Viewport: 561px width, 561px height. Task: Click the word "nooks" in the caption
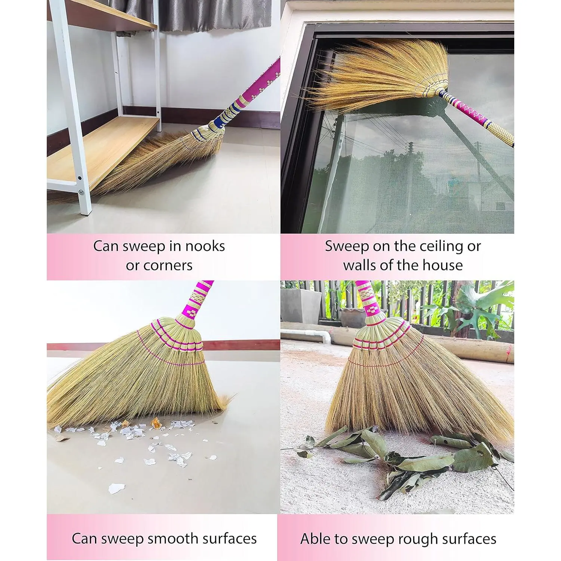tap(205, 246)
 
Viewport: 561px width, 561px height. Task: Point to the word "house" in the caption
tap(443, 265)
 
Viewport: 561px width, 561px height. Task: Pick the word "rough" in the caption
tap(419, 539)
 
